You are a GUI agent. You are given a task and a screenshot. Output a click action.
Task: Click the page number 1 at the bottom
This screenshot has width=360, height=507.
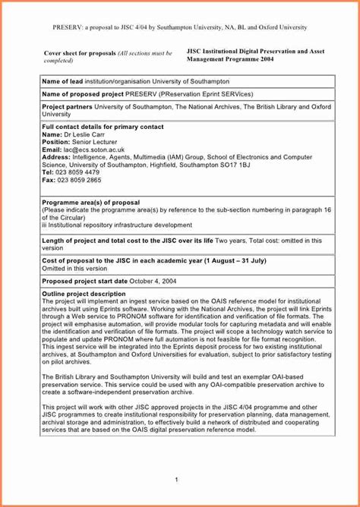(x=175, y=479)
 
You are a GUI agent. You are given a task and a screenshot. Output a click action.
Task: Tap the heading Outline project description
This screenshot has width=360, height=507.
(x=84, y=294)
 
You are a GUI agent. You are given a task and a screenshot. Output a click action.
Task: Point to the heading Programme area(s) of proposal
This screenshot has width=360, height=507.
(x=90, y=203)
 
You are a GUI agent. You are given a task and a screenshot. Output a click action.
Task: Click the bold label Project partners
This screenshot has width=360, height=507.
(x=66, y=107)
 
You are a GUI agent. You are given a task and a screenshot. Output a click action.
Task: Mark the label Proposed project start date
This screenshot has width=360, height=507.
(x=84, y=280)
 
